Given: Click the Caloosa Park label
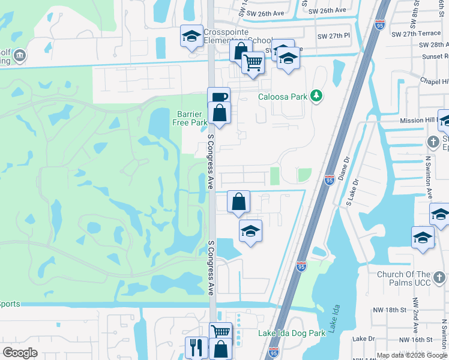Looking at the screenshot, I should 282,97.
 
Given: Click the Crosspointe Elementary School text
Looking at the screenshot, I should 238,37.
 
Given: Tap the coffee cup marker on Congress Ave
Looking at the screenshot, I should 219,97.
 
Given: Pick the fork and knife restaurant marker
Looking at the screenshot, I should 196,347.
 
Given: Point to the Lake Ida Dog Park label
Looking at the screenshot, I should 292,334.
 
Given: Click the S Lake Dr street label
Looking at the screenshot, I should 352,193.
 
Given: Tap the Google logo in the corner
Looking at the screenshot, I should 20,353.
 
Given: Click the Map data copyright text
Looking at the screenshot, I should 412,355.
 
